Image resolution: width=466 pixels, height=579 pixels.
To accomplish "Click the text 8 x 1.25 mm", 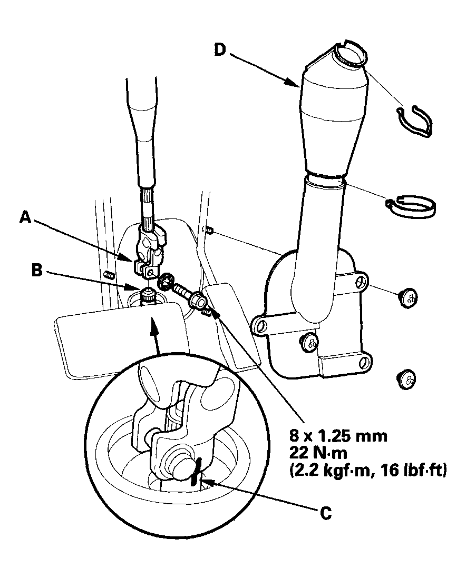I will pyautogui.click(x=338, y=435).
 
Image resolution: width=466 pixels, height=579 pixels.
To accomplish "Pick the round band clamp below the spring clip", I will pyautogui.click(x=413, y=206).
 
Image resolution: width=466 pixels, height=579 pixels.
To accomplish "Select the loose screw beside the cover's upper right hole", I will pyautogui.click(x=406, y=298).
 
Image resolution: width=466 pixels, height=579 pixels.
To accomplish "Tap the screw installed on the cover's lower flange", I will pyautogui.click(x=310, y=344).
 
